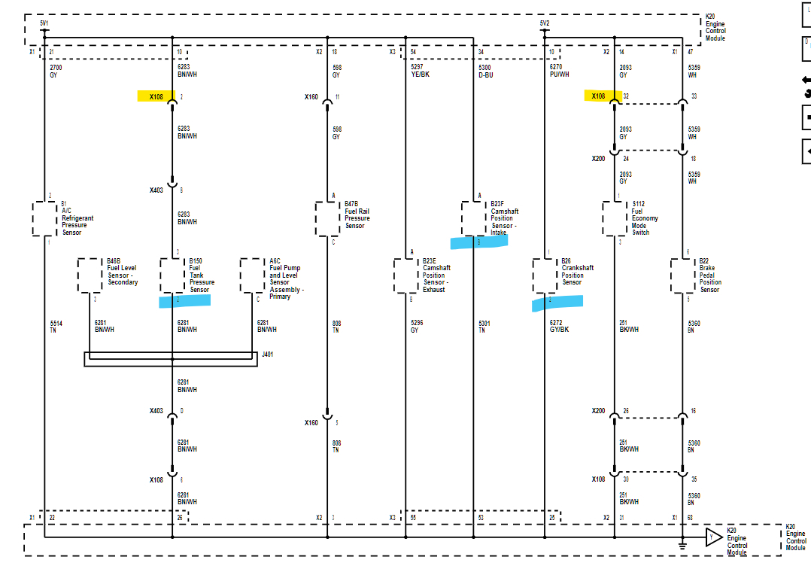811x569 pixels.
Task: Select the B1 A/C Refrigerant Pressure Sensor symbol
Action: coord(45,218)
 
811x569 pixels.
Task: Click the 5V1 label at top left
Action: coord(44,23)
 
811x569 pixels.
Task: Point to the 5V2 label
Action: coord(545,23)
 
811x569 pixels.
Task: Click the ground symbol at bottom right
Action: coord(682,545)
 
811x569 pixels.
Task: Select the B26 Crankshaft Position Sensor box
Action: coord(545,275)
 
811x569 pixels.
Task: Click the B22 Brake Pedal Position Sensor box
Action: coord(682,275)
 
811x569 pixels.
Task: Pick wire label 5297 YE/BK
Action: coord(420,71)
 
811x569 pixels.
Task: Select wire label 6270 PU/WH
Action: coord(559,71)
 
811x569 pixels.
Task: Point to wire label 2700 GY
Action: coord(56,71)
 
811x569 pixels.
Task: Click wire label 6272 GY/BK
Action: coord(559,327)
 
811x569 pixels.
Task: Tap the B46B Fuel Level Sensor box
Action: coord(90,275)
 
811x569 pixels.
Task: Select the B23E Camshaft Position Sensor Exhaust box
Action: coord(405,275)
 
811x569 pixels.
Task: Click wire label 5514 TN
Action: coord(56,327)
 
